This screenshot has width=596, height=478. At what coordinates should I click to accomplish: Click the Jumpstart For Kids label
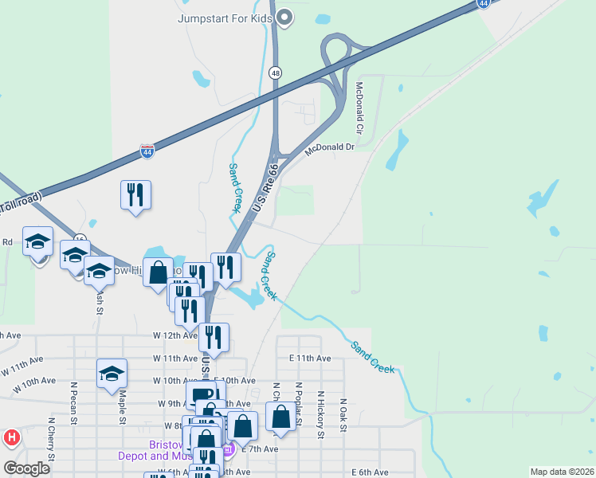[x=225, y=17]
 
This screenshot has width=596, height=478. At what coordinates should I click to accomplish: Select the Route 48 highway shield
[x=275, y=72]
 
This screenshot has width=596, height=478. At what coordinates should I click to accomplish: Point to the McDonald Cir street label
[x=359, y=108]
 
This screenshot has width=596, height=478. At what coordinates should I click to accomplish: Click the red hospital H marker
[x=11, y=437]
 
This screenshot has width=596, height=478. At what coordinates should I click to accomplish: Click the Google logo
[x=27, y=468]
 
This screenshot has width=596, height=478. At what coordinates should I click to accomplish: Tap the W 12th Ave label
[x=175, y=335]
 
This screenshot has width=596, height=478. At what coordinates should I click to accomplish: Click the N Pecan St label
[x=73, y=406]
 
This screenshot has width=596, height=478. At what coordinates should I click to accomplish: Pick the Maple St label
[x=123, y=406]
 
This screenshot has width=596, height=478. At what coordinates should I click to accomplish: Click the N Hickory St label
[x=320, y=414]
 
